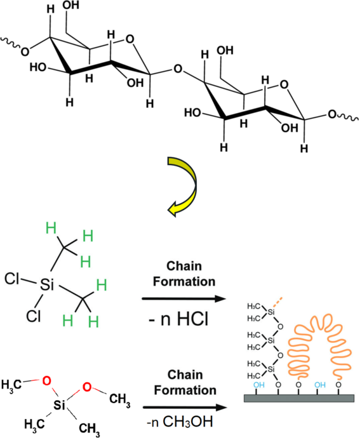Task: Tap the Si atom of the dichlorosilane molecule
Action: tap(47, 285)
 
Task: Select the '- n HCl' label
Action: tap(178, 319)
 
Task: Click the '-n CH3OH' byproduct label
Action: tap(180, 421)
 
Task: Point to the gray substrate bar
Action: tap(299, 398)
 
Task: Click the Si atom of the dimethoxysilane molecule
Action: tap(59, 404)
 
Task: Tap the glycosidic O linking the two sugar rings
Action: tap(178, 69)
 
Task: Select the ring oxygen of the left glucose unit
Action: tap(130, 39)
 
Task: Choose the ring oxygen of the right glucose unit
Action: tap(284, 84)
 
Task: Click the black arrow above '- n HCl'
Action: tap(184, 298)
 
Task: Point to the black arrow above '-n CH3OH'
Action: tap(185, 408)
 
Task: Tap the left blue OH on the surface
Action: tap(259, 385)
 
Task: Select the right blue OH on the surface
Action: tap(320, 385)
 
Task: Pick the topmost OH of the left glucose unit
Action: tap(70, 5)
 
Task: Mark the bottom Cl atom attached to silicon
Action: tap(34, 316)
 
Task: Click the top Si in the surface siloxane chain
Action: tap(270, 312)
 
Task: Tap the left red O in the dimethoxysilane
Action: tap(47, 381)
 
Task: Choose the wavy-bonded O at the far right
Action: tap(332, 114)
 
